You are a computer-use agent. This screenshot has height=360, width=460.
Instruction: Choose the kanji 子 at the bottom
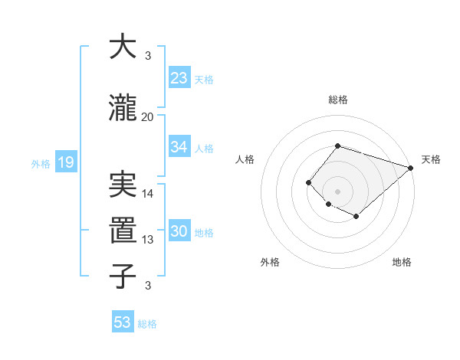[123, 276]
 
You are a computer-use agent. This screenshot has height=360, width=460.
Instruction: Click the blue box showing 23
[179, 78]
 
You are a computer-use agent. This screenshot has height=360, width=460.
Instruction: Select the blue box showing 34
[179, 147]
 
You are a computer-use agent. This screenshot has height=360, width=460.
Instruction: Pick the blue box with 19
[65, 162]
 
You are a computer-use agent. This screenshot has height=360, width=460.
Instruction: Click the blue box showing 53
[123, 322]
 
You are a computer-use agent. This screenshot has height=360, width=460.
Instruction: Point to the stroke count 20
[148, 116]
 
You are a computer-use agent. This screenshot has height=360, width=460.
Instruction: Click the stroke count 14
[148, 194]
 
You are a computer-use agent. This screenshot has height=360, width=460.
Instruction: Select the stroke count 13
[148, 240]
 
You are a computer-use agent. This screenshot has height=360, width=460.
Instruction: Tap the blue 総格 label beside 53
[147, 324]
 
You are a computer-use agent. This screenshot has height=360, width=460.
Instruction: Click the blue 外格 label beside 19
[40, 163]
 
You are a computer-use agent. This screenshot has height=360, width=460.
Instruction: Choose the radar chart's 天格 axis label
[431, 159]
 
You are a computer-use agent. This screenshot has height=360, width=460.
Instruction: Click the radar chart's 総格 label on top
[337, 100]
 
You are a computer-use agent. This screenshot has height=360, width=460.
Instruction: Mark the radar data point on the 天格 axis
[412, 168]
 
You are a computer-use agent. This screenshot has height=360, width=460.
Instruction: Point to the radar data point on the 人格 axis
[308, 182]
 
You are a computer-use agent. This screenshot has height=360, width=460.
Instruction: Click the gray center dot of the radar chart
[337, 191]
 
